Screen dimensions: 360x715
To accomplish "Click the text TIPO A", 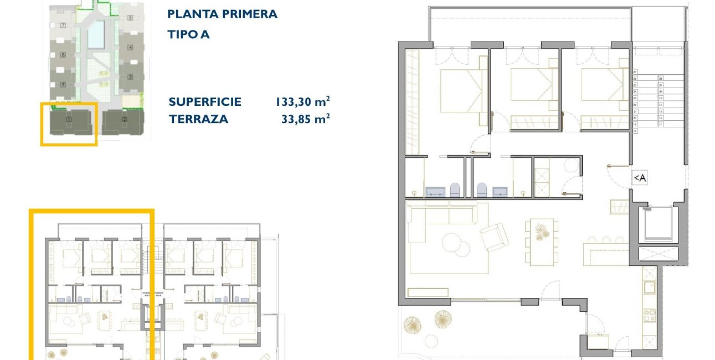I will click(x=188, y=34).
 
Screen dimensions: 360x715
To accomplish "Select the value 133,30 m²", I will click(x=302, y=102).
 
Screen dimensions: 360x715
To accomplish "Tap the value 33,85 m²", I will click(x=306, y=119).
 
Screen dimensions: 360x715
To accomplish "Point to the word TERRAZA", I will click(x=198, y=119).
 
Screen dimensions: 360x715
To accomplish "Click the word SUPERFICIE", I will click(x=205, y=102).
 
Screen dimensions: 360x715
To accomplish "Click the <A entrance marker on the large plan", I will click(x=640, y=178).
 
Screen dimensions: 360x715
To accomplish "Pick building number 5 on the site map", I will click(x=130, y=18).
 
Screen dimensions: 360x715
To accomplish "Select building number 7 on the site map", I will click(x=64, y=25).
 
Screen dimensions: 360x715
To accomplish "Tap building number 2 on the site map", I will click(x=124, y=119).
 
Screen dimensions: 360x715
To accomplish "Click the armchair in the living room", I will click(x=494, y=236).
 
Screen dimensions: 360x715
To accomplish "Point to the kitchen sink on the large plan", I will click(x=649, y=287).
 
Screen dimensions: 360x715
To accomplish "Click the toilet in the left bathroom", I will click(x=455, y=190).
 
